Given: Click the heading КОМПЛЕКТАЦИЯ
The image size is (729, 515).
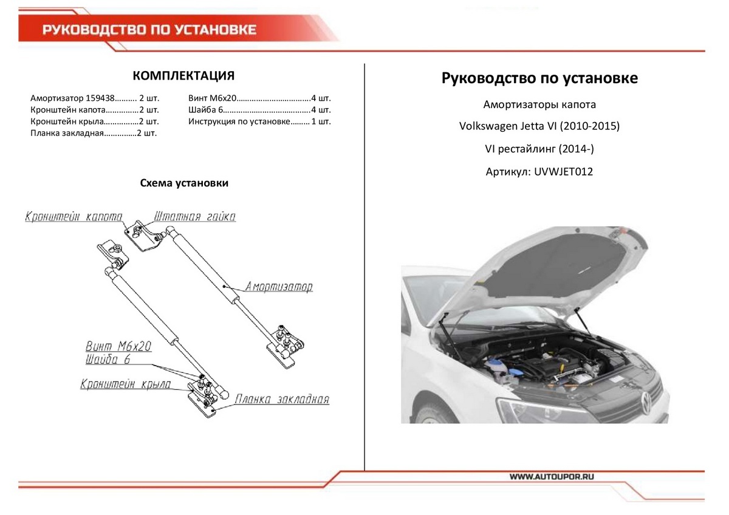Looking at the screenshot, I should point(183,76).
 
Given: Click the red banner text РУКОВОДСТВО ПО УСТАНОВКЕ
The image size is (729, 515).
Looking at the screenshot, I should point(149,30).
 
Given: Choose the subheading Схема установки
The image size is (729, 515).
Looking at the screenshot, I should point(184,183).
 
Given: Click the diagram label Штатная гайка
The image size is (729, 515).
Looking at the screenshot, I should point(195,217).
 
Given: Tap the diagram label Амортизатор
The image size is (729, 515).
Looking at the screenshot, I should point(279,287).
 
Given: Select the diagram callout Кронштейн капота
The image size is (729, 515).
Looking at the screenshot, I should point(74,217).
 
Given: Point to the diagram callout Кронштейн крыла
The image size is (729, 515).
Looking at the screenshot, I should point(125,384).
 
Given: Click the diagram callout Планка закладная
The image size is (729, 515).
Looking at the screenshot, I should point(282,400).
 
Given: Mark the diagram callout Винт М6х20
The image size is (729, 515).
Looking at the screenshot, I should point(118,347).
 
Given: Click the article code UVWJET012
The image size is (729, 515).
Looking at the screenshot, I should point(563,172).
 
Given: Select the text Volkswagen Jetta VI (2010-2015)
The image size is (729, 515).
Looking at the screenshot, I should point(539,127).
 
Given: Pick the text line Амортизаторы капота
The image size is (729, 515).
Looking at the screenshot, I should point(539,104).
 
